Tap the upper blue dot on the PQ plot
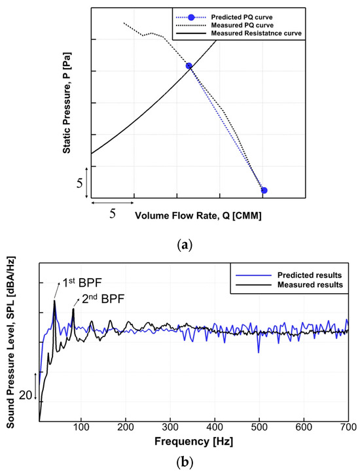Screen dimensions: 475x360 (x=189, y=66)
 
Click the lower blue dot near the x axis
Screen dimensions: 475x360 (x=264, y=190)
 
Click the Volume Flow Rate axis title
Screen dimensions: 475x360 (x=198, y=215)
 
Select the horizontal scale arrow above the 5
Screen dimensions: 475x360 (x=113, y=203)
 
